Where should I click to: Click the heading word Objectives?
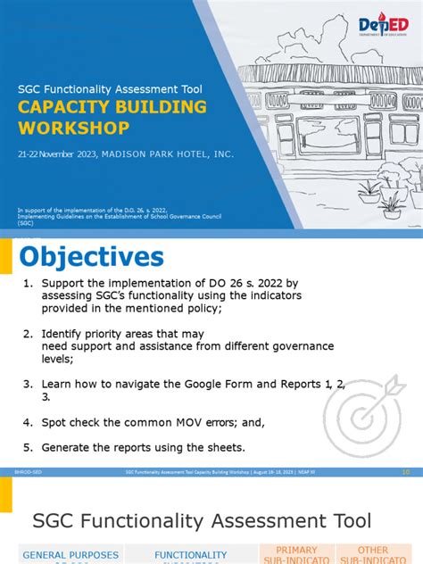93,257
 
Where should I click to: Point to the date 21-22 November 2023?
56,154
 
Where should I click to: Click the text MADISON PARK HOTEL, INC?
167,154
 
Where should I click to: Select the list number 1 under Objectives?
28,282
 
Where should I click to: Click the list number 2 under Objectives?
28,333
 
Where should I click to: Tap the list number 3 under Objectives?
28,384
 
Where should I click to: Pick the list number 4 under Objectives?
28,421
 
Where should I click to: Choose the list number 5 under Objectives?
28,447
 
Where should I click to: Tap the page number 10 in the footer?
406,471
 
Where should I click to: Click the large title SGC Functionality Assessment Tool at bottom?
201,519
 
